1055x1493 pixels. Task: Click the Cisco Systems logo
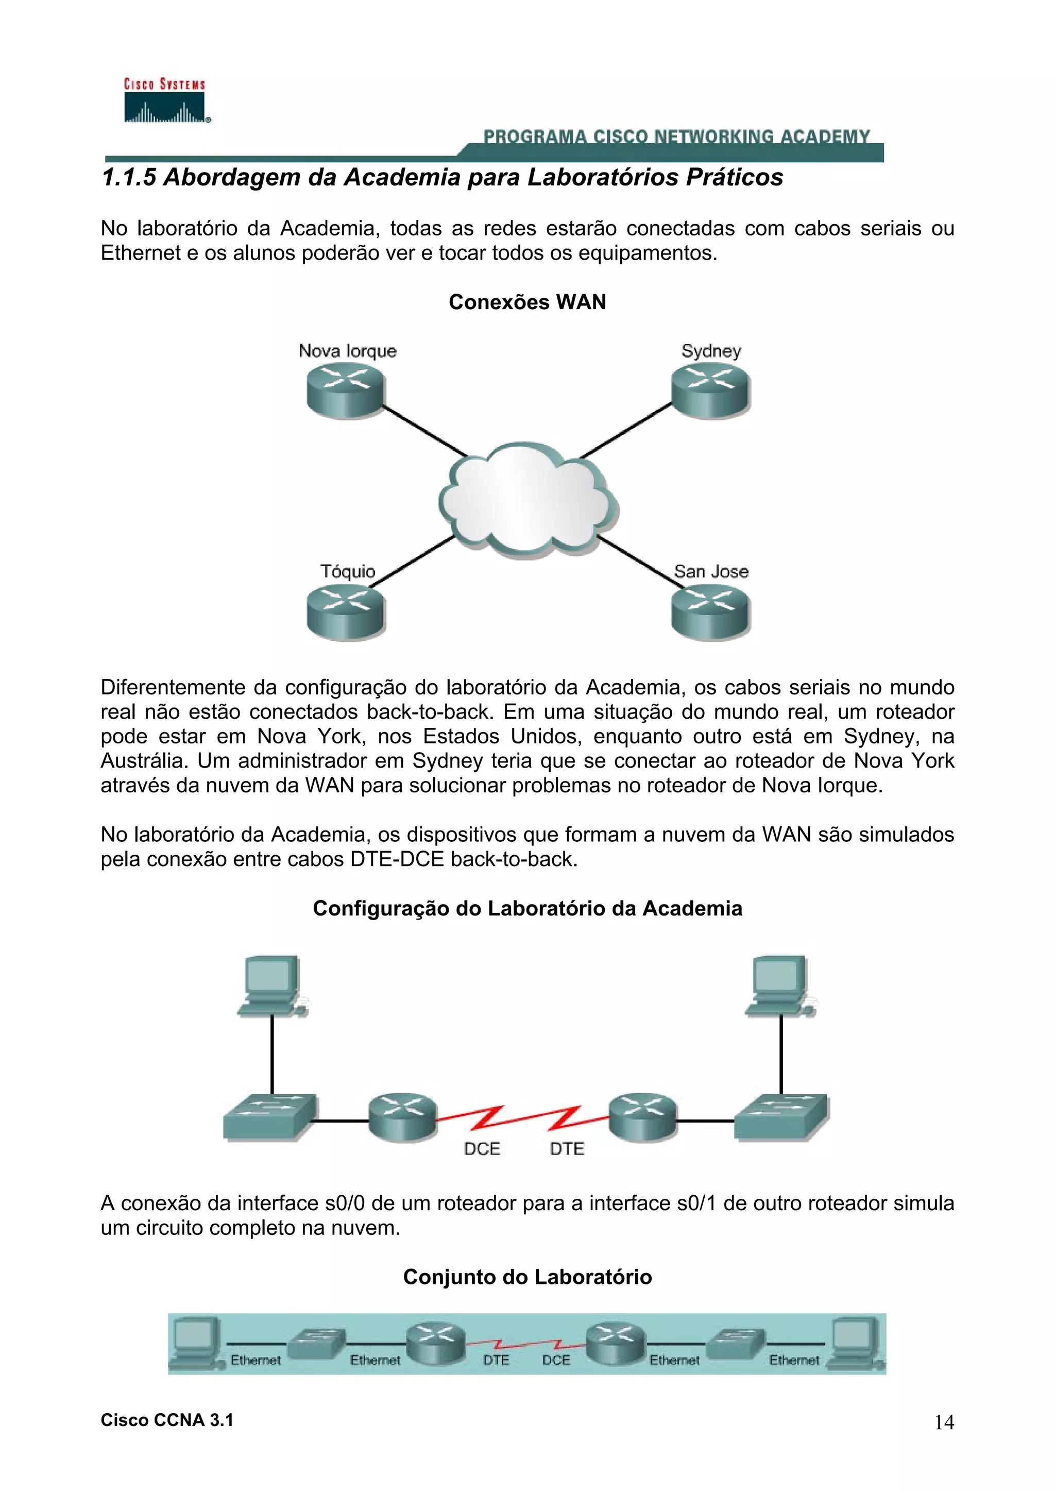click(165, 101)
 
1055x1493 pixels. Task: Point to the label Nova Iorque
click(347, 351)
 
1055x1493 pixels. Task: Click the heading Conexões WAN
click(527, 302)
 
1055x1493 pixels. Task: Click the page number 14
click(944, 1423)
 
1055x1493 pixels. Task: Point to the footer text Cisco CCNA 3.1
click(167, 1420)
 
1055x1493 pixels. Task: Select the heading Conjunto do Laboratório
click(527, 1277)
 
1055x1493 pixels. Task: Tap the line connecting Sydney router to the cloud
click(625, 431)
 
